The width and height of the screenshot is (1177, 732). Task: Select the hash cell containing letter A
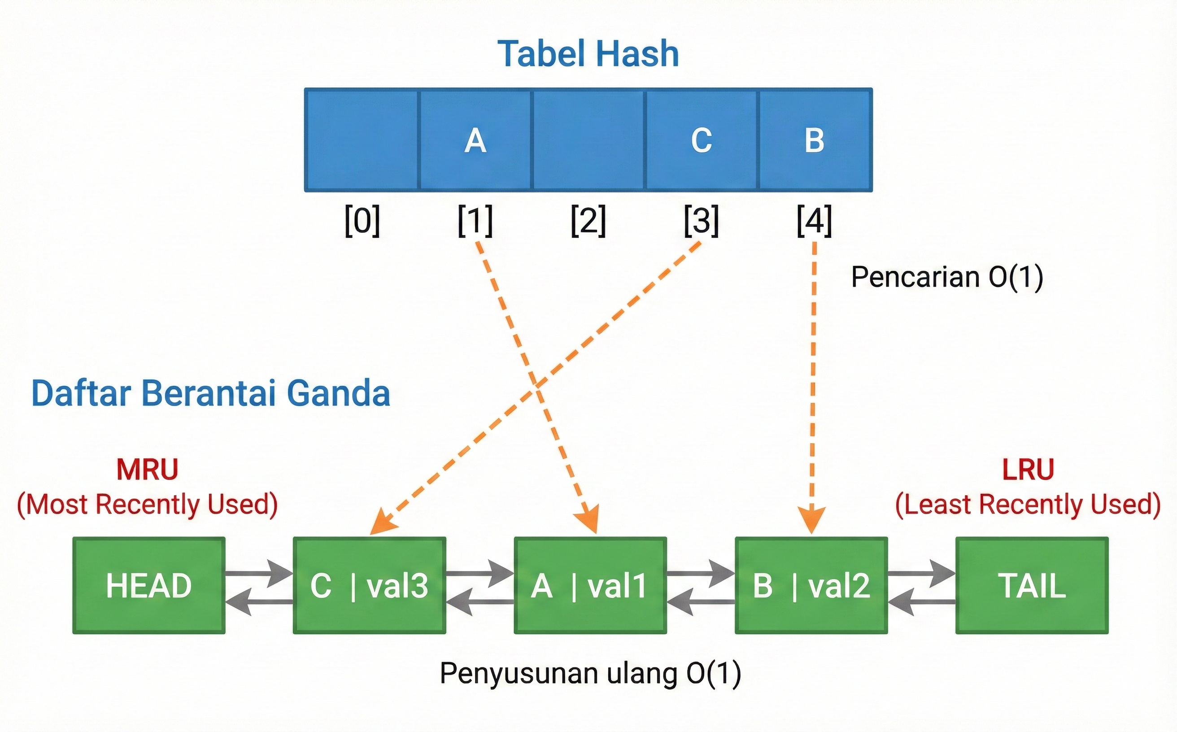pyautogui.click(x=475, y=140)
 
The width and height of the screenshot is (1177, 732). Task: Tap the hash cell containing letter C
pyautogui.click(x=701, y=140)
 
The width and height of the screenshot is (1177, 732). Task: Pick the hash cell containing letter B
pyautogui.click(x=815, y=140)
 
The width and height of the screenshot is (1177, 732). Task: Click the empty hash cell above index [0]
pyautogui.click(x=362, y=140)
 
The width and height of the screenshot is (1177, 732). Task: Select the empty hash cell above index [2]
pyautogui.click(x=588, y=140)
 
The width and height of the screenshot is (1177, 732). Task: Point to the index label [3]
pyautogui.click(x=701, y=221)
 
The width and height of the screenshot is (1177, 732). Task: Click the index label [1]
pyautogui.click(x=475, y=221)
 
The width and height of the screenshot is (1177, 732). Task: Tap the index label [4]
pyautogui.click(x=815, y=221)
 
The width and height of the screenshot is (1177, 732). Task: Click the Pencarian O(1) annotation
pyautogui.click(x=947, y=277)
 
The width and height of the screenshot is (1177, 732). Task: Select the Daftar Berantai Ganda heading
pyautogui.click(x=211, y=392)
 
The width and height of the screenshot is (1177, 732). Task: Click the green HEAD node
pyautogui.click(x=148, y=585)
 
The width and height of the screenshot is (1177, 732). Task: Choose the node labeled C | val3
pyautogui.click(x=370, y=585)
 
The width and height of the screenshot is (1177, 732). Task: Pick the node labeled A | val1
pyautogui.click(x=590, y=585)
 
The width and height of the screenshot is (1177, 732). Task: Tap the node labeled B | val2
pyautogui.click(x=811, y=585)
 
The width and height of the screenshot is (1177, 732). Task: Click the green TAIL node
pyautogui.click(x=1032, y=585)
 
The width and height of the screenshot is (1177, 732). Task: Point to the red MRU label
pyautogui.click(x=147, y=469)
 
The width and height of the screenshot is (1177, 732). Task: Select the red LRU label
pyautogui.click(x=1028, y=469)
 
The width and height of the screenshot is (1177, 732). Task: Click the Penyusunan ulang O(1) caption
pyautogui.click(x=590, y=673)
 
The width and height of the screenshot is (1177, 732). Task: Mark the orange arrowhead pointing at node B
pyautogui.click(x=812, y=521)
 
